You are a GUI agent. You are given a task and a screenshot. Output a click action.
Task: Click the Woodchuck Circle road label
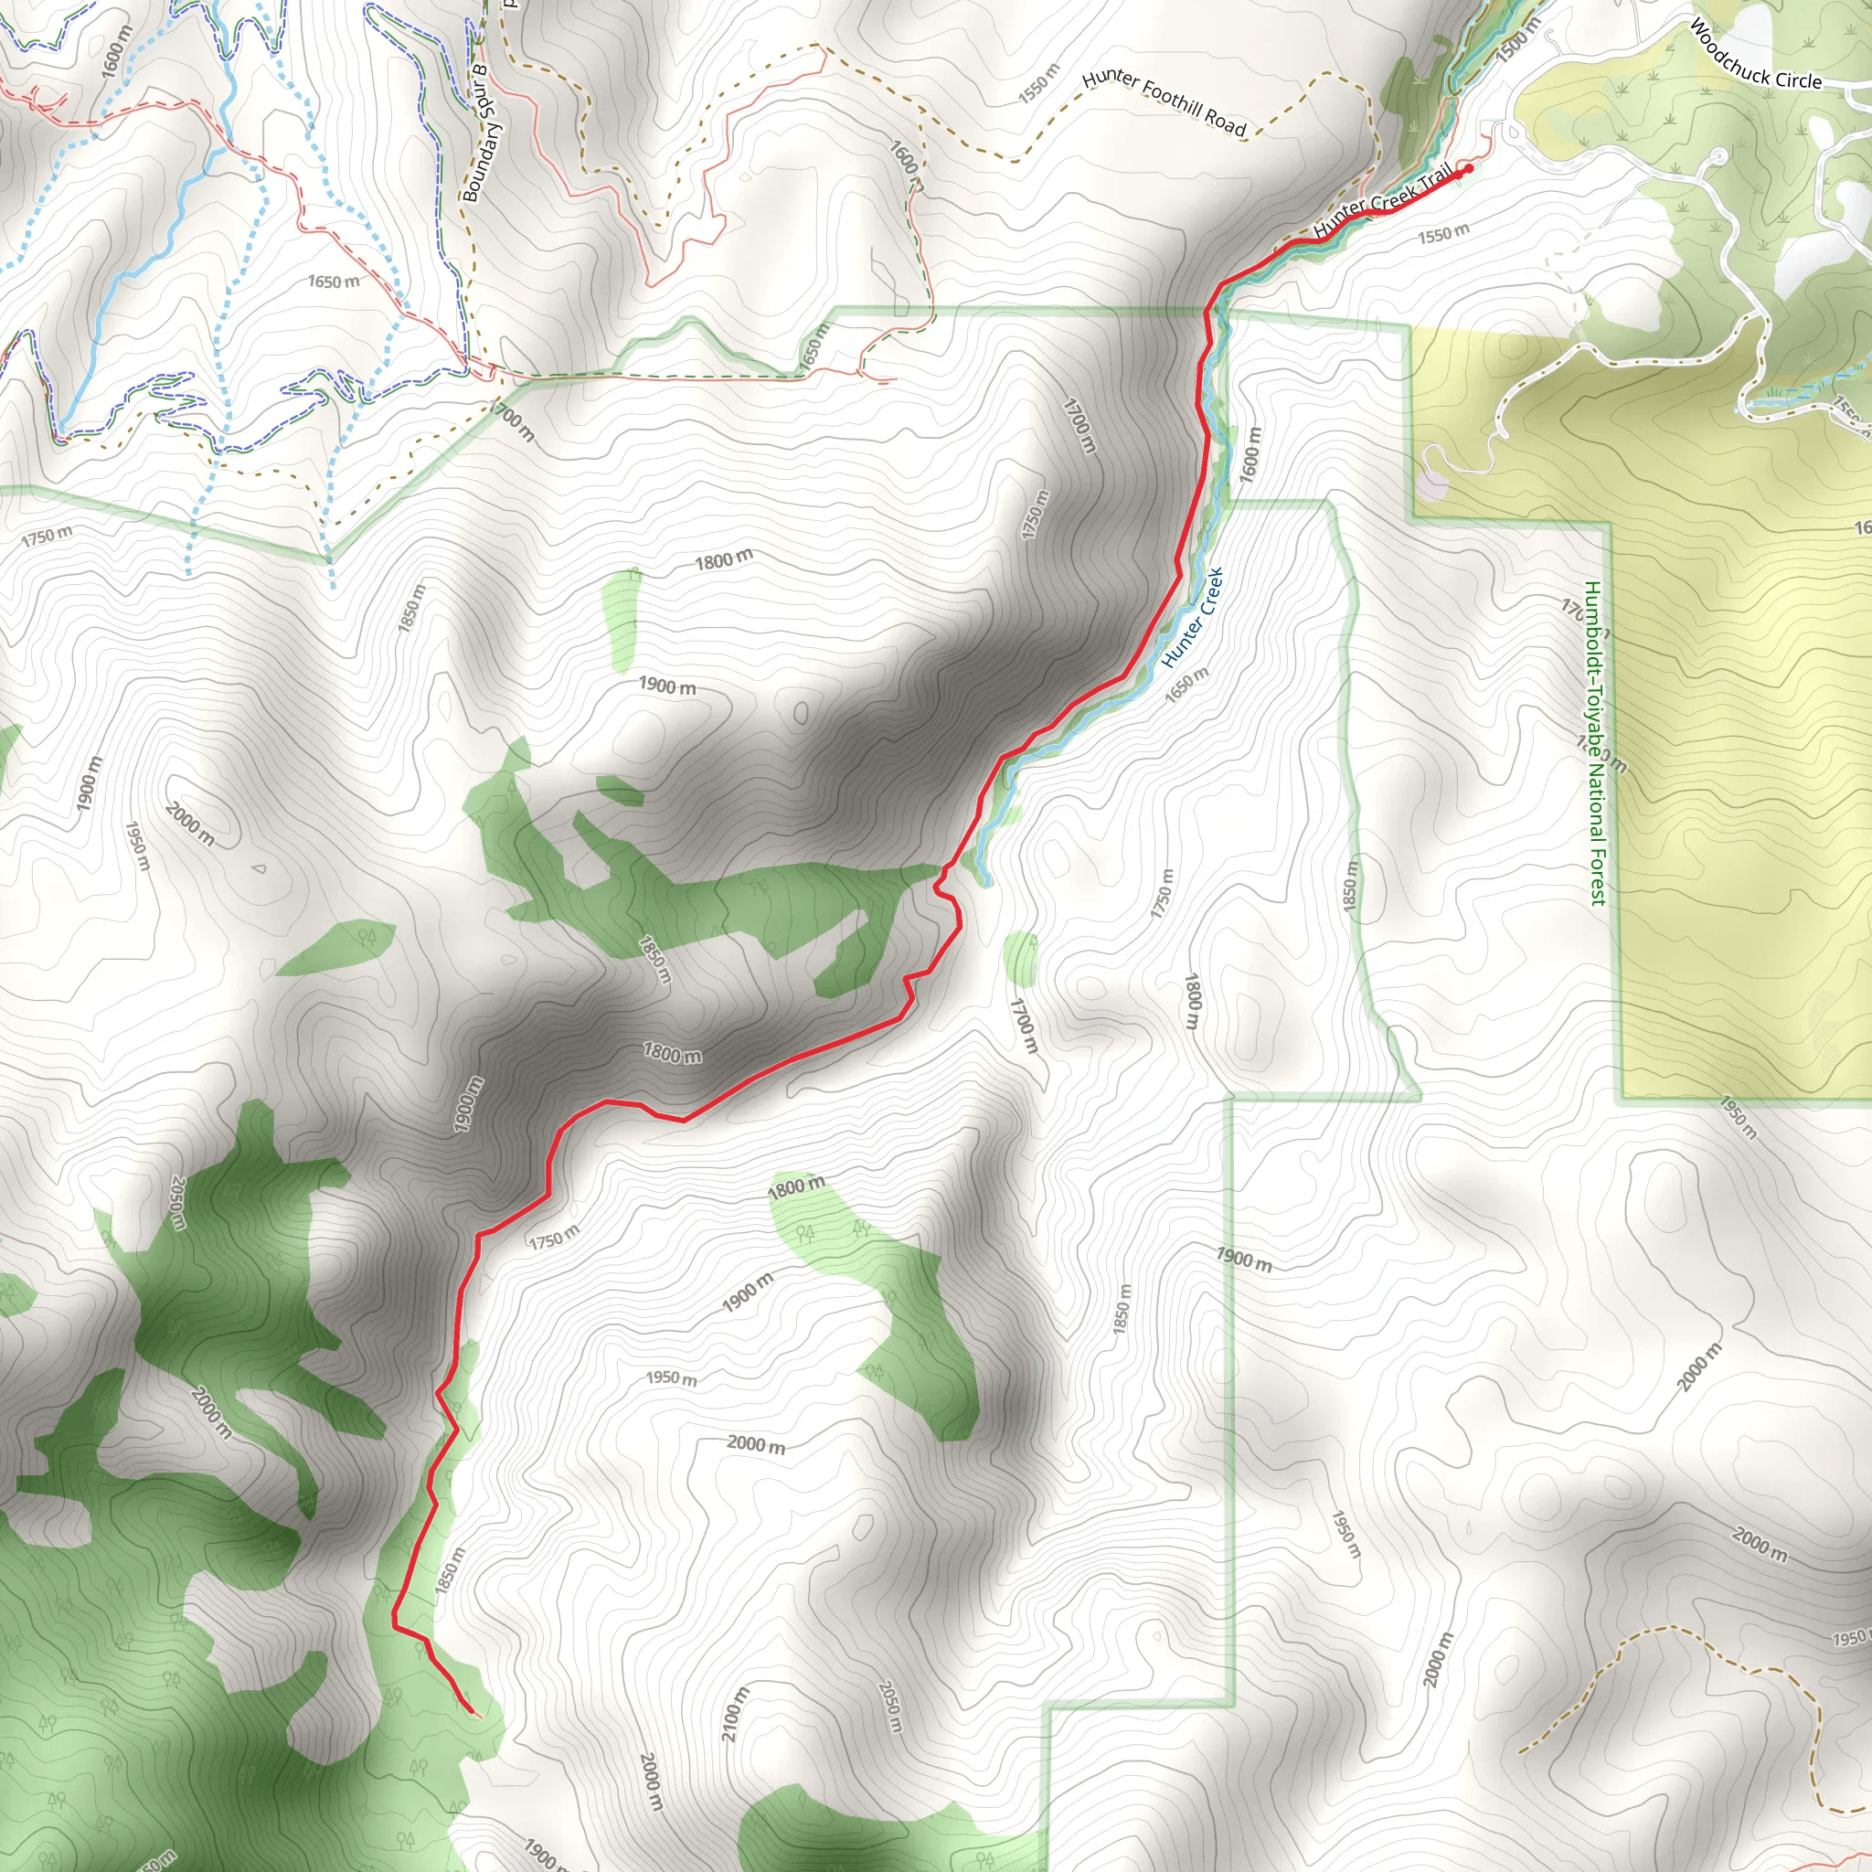click(1755, 56)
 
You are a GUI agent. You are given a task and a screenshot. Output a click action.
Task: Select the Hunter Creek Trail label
click(1383, 200)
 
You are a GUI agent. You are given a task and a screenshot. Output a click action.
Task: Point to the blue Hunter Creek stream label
click(1194, 617)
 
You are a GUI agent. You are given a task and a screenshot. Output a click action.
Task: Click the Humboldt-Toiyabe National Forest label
click(1594, 743)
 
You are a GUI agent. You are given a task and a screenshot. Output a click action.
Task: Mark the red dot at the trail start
click(1469, 168)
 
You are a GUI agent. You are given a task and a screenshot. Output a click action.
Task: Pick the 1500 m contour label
click(1517, 43)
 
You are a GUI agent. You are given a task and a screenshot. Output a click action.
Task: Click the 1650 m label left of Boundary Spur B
click(334, 282)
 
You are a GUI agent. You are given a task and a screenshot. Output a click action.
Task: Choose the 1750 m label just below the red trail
click(554, 1238)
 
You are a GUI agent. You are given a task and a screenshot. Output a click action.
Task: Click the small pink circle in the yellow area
click(1432, 482)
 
